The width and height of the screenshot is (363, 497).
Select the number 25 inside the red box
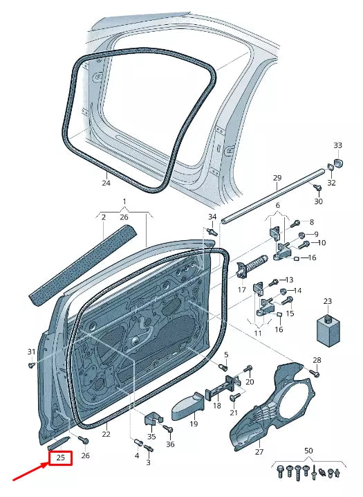(60, 458)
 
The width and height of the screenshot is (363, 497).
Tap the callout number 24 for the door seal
(106, 183)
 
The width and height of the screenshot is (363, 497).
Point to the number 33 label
(337, 145)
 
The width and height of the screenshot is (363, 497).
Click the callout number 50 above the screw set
(308, 451)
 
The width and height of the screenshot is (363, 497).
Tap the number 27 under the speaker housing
(259, 453)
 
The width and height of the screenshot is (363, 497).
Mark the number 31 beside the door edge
(31, 352)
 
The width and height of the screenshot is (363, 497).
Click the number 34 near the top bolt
(212, 218)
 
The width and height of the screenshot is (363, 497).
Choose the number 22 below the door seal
(106, 434)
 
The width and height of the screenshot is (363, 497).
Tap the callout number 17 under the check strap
(242, 290)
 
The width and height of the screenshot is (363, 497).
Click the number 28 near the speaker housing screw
(317, 361)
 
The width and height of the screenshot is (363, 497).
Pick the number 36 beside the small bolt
(170, 444)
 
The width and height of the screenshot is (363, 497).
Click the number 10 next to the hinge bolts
(322, 243)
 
